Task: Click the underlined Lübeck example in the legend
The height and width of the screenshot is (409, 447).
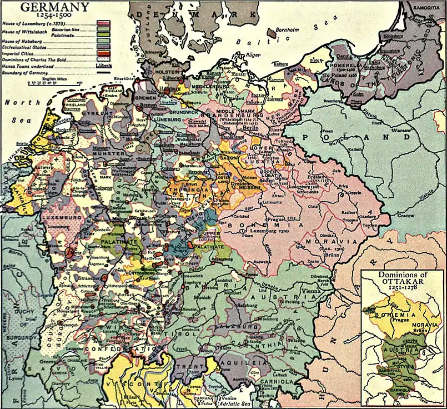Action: [x=103, y=65]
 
